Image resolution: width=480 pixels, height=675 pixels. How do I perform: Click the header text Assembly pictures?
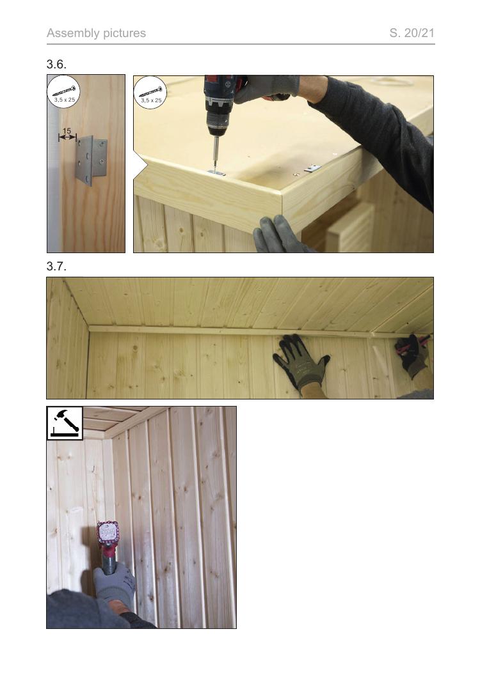pyautogui.click(x=96, y=33)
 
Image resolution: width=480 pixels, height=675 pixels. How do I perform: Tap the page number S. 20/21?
pyautogui.click(x=412, y=33)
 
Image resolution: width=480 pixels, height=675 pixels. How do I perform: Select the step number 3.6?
pyautogui.click(x=56, y=65)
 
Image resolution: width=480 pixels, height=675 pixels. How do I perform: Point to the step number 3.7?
pyautogui.click(x=56, y=267)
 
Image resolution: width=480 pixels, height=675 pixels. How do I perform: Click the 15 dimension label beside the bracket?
pyautogui.click(x=67, y=131)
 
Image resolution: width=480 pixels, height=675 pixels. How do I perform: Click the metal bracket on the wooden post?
pyautogui.click(x=92, y=160)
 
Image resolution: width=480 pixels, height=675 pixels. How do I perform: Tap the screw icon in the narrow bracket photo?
pyautogui.click(x=64, y=91)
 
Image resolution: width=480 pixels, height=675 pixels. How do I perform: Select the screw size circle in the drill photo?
pyautogui.click(x=150, y=93)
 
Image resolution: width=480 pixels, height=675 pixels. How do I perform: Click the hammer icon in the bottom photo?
pyautogui.click(x=65, y=423)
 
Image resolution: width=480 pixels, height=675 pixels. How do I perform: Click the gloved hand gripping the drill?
pyautogui.click(x=266, y=89)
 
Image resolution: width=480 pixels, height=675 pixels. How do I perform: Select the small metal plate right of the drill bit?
pyautogui.click(x=313, y=168)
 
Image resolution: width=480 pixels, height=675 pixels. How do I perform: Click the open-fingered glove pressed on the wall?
pyautogui.click(x=301, y=362)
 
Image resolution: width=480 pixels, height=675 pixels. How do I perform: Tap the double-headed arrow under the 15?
pyautogui.click(x=68, y=137)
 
